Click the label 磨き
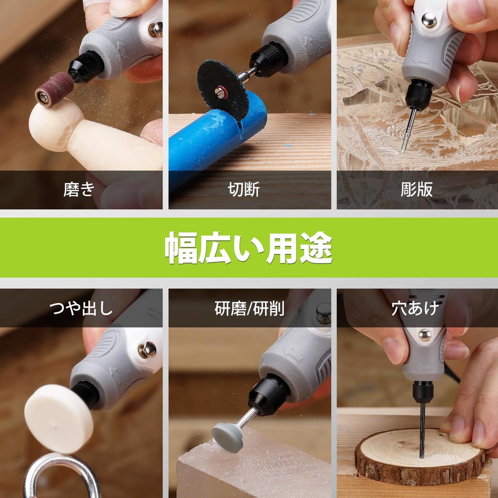(78, 189)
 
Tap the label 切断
(244, 189)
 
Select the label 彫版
(417, 189)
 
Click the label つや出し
(81, 308)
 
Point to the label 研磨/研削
(249, 308)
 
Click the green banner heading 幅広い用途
(249, 248)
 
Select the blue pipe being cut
(204, 141)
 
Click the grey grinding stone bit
(228, 436)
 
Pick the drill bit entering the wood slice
(422, 428)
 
